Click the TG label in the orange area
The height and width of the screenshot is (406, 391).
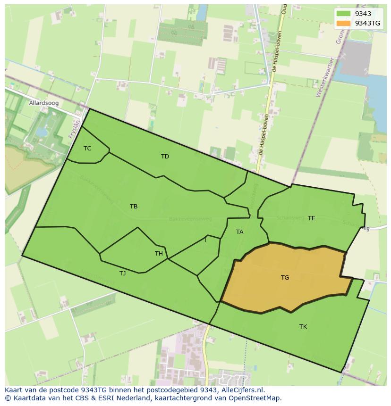click(x=285, y=278)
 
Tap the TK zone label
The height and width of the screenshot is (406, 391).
click(x=303, y=327)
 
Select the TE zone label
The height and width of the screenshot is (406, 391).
click(x=312, y=218)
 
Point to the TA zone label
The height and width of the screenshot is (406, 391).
click(x=239, y=232)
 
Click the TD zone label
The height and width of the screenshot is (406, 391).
click(x=165, y=157)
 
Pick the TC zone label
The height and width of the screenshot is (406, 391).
click(x=87, y=149)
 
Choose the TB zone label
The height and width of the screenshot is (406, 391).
click(x=134, y=207)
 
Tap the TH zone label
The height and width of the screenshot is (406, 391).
click(x=159, y=254)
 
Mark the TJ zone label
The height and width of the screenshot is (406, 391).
click(x=122, y=273)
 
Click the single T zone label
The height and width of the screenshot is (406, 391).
click(x=205, y=240)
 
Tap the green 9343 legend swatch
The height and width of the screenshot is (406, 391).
click(x=344, y=14)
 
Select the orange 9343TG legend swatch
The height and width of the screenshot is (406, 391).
click(x=344, y=23)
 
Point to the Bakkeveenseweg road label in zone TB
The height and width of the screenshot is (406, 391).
click(x=190, y=219)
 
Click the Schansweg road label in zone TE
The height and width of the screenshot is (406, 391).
click(x=277, y=218)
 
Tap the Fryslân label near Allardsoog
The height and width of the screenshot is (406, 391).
click(x=73, y=128)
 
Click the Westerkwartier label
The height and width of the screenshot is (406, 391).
click(x=325, y=77)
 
